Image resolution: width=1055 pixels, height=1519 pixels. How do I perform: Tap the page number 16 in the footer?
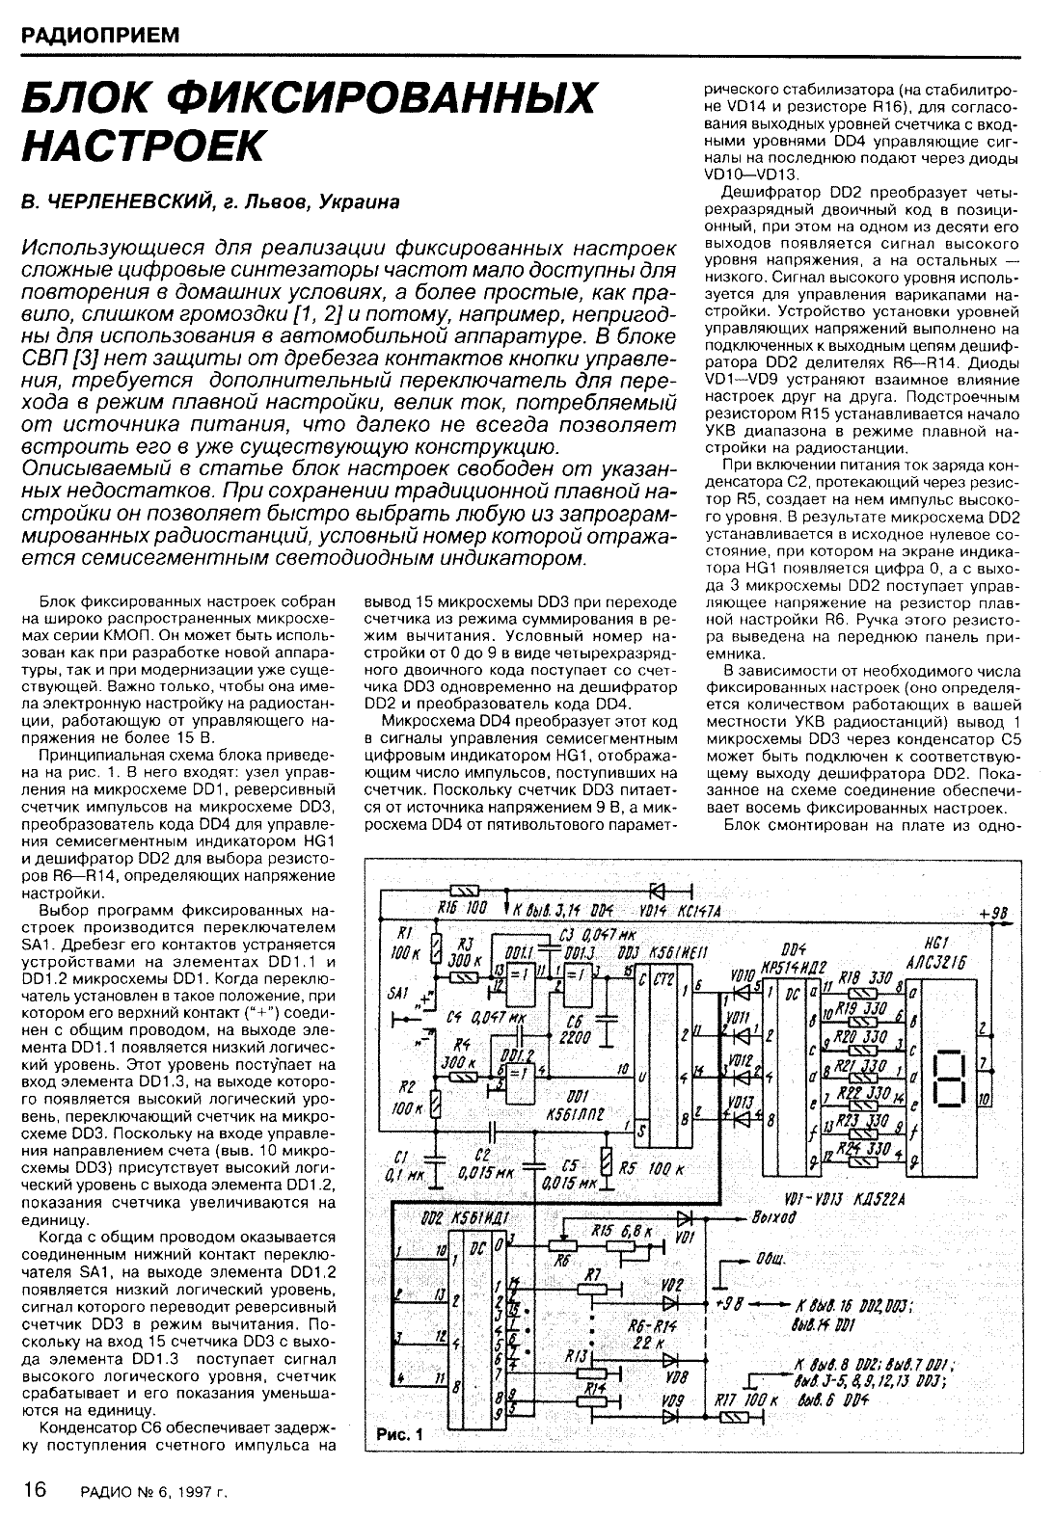tap(35, 1489)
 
